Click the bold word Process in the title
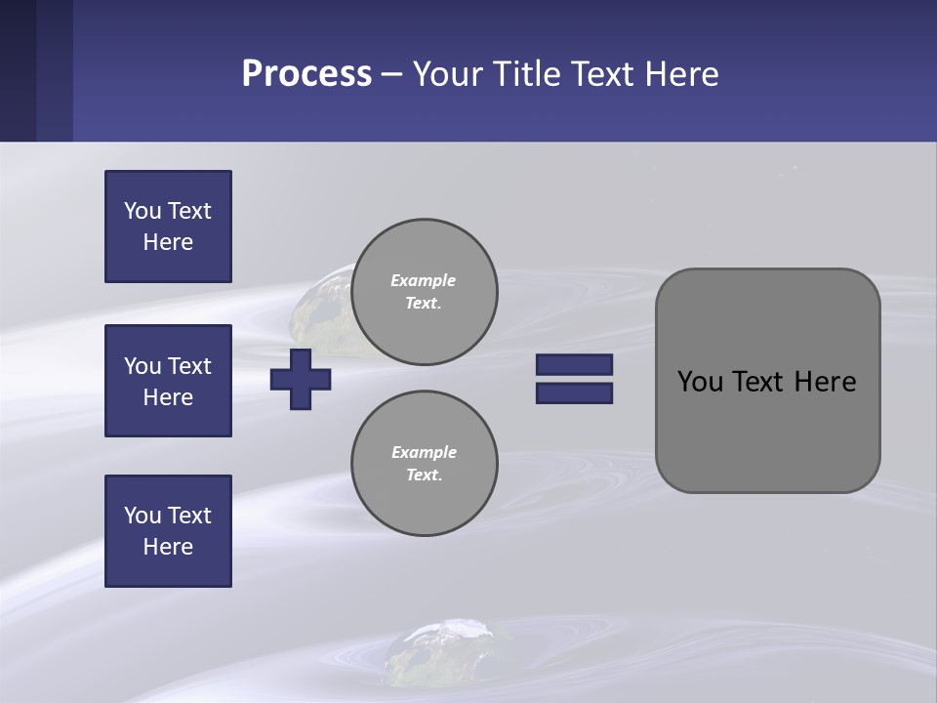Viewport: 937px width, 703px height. click(x=306, y=74)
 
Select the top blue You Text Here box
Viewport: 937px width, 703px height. click(x=168, y=227)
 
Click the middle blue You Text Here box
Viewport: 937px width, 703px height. click(x=168, y=381)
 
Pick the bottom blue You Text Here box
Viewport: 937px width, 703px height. click(x=168, y=531)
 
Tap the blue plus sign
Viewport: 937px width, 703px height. click(x=301, y=379)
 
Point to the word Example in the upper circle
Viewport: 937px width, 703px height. click(x=423, y=280)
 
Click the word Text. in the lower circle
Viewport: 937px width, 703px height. click(x=424, y=476)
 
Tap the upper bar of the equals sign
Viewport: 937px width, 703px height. click(x=574, y=365)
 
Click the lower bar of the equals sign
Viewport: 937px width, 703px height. click(x=574, y=393)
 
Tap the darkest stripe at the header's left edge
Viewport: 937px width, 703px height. click(x=18, y=70)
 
